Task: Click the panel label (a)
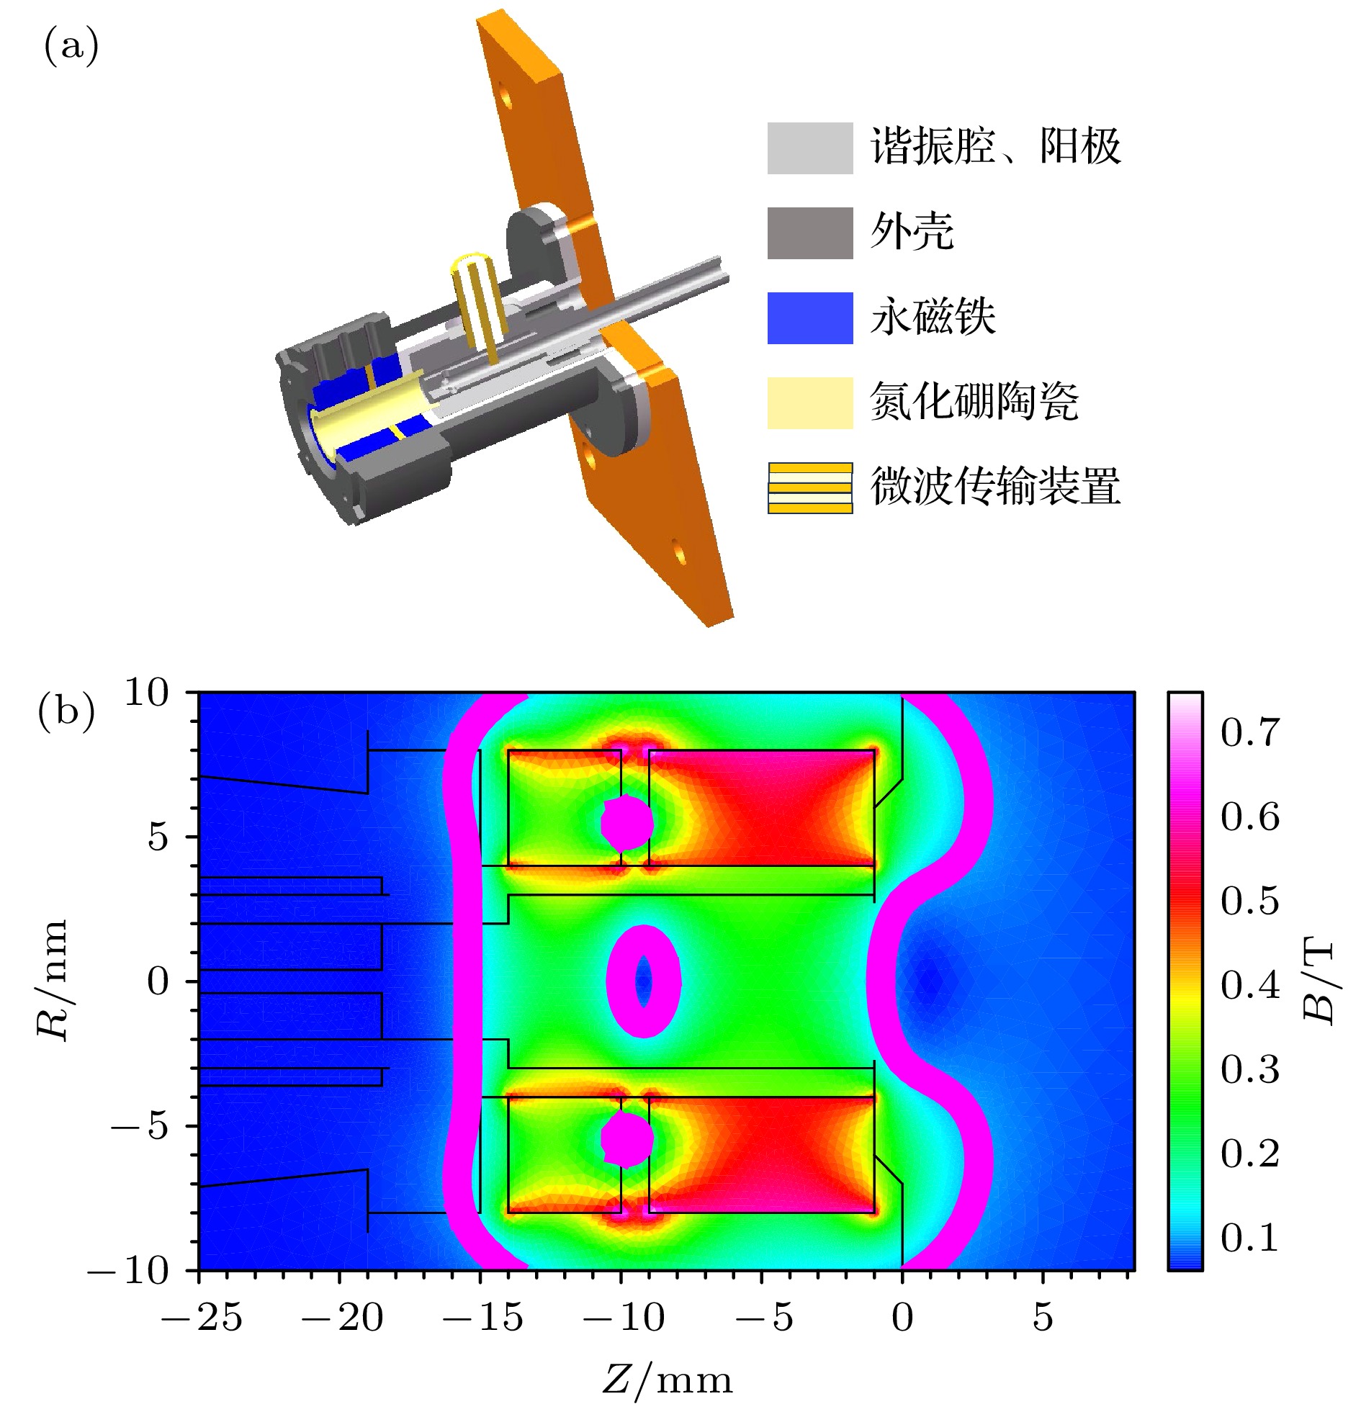pos(71,48)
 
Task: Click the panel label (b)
pos(66,713)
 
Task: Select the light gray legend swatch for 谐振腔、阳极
pos(810,148)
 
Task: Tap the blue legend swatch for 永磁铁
pos(810,318)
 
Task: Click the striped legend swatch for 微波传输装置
pos(810,487)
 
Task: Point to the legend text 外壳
pos(912,232)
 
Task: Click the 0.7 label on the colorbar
pos(1250,733)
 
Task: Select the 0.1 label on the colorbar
pos(1250,1238)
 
